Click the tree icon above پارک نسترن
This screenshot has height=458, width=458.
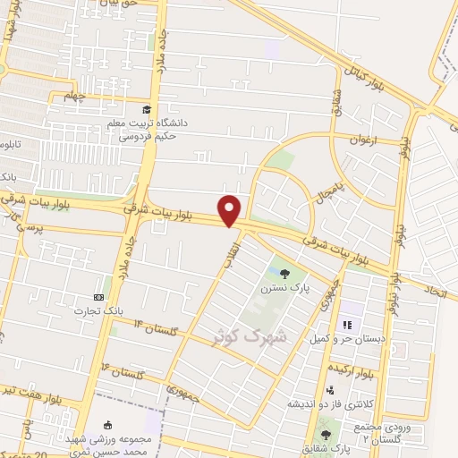point(284,274)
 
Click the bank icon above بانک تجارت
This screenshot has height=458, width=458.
point(98,297)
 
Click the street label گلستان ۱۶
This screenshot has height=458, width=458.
point(120,369)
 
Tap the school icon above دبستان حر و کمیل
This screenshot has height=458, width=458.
point(346,324)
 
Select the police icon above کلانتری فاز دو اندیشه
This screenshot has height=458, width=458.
point(331,389)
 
